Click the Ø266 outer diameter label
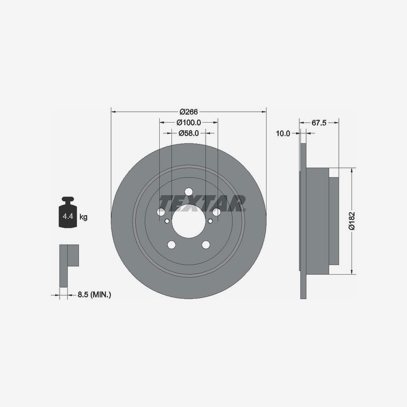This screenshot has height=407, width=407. pos(188,111)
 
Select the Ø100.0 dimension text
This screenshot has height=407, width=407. pos(189,123)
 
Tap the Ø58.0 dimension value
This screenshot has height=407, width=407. pos(188,133)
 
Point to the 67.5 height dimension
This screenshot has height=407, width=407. pos(318,123)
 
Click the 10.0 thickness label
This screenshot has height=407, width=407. pos(283,134)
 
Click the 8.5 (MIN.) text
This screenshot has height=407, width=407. pos(94,295)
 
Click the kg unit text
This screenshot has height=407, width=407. pos(83,217)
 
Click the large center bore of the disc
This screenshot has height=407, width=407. pos(188,222)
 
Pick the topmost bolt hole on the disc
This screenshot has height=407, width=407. pos(188,191)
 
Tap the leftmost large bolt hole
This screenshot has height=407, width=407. pos(162,212)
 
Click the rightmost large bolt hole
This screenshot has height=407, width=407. pos(216,212)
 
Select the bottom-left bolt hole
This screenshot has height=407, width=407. pos(171,245)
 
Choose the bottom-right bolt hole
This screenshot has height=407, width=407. pos(206,245)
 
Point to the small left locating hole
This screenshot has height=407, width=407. pos(167,221)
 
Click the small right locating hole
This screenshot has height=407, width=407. pos(210,221)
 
